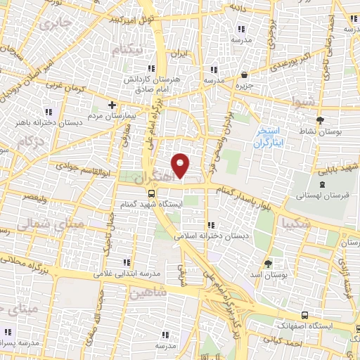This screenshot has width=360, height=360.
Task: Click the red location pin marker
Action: click(x=181, y=165)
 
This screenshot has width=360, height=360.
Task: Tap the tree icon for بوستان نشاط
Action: click(x=320, y=120)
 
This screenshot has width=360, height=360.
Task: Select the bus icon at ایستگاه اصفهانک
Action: click(x=304, y=315)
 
